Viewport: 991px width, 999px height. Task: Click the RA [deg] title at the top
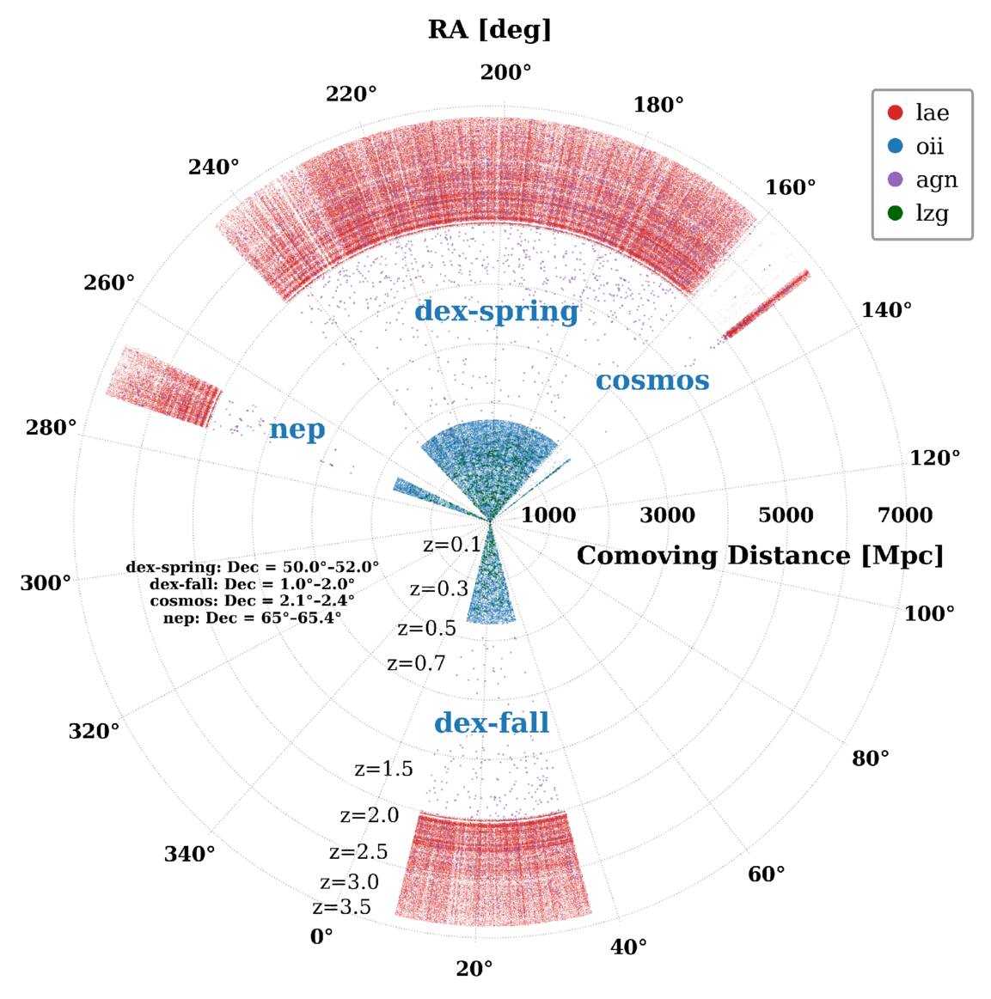489,30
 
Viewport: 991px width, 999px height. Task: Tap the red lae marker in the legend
896,113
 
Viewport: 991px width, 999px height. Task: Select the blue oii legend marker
896,146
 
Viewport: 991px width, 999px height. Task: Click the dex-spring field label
497,312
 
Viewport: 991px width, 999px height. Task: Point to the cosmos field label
652,381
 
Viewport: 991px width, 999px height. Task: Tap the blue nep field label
297,429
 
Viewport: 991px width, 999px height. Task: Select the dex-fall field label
492,722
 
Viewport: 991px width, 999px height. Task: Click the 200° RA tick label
505,73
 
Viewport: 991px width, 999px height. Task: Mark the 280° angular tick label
51,427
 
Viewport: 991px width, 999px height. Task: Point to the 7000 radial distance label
905,515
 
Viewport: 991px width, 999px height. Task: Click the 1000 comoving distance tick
548,515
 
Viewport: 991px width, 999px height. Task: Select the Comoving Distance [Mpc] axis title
760,556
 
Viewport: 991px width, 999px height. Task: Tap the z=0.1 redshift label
452,545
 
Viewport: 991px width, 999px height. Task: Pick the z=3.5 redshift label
341,906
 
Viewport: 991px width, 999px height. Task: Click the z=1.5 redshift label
383,769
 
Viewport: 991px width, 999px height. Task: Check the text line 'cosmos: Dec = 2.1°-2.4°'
253,600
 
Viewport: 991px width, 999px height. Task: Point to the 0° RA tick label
321,936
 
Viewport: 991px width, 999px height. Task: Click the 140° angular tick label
886,310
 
